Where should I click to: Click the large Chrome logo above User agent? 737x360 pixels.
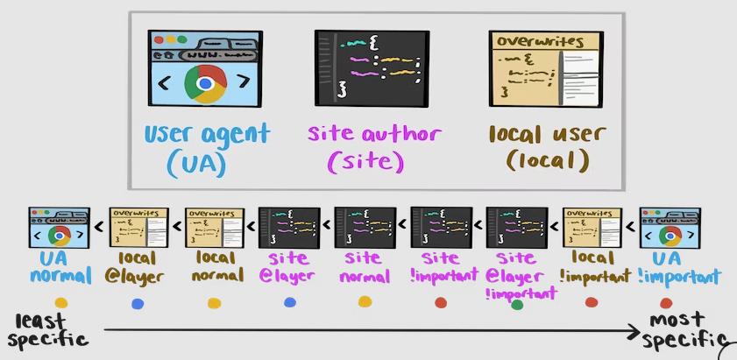(x=205, y=84)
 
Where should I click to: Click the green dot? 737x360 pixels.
(x=516, y=306)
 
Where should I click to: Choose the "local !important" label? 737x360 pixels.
(x=592, y=267)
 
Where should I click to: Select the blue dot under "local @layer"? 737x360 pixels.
(x=137, y=304)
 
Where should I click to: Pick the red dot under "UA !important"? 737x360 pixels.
(x=666, y=303)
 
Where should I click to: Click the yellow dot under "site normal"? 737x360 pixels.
(x=365, y=302)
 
